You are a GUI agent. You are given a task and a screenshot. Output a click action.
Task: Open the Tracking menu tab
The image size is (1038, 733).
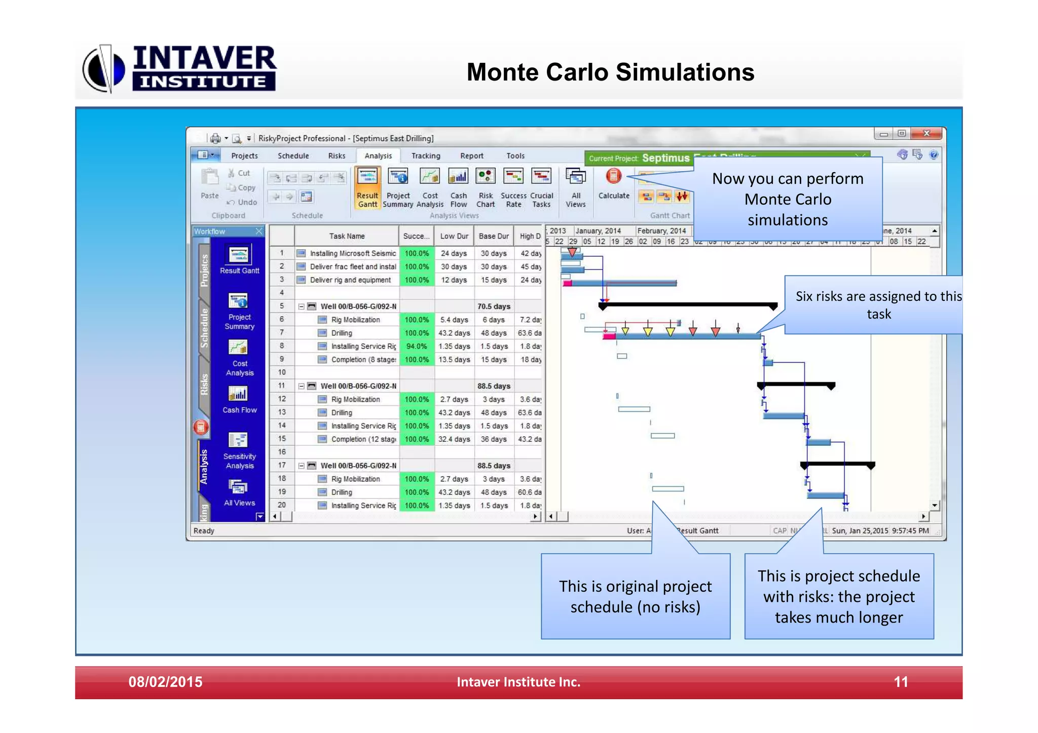click(x=425, y=156)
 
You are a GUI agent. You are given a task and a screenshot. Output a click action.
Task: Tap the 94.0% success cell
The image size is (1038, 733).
click(x=417, y=346)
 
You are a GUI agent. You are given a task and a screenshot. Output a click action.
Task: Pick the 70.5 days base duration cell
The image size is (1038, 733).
click(x=494, y=306)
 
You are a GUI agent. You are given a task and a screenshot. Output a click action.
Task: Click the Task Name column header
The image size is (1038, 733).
click(x=347, y=236)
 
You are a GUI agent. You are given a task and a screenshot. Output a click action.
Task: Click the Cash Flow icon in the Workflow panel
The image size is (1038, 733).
click(x=239, y=400)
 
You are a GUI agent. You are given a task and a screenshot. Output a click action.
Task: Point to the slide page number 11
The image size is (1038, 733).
click(x=901, y=682)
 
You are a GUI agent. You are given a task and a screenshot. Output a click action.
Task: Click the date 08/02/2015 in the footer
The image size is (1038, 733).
click(x=165, y=682)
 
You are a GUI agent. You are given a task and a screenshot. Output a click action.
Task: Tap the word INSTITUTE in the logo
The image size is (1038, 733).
click(x=203, y=82)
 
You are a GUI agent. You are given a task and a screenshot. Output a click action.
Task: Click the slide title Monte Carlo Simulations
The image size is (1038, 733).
click(x=610, y=72)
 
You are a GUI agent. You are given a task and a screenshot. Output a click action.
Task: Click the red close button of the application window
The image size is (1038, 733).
click(x=926, y=133)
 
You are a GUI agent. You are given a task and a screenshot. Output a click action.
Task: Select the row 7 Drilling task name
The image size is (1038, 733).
click(x=342, y=333)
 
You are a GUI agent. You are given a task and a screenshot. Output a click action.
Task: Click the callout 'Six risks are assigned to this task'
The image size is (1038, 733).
click(x=878, y=305)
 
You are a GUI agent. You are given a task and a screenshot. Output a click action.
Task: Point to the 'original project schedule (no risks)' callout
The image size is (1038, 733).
click(x=635, y=596)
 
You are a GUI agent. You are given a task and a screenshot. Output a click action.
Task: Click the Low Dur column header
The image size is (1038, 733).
click(x=454, y=236)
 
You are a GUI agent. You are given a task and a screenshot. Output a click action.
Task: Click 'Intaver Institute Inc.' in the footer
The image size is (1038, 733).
click(x=518, y=682)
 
